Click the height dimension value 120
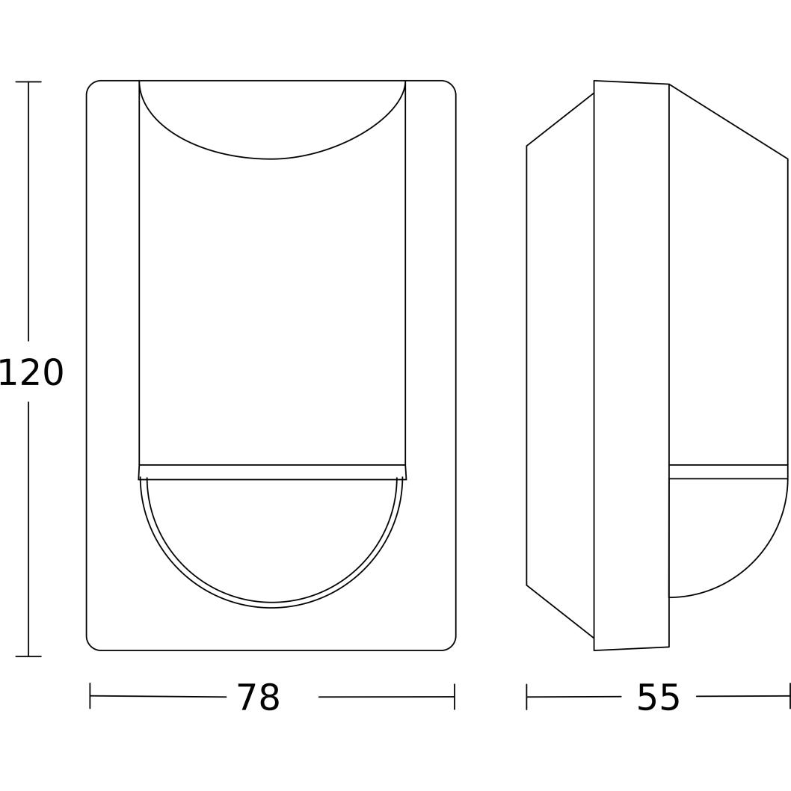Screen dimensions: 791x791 click(31, 372)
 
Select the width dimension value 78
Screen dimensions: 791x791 click(258, 698)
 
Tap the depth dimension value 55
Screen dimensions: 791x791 click(658, 698)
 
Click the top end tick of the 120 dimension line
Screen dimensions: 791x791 click(28, 81)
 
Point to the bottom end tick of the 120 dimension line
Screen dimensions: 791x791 click(28, 656)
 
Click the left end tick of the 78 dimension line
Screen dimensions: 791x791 click(90, 696)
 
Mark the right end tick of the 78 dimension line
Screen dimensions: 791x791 click(454, 697)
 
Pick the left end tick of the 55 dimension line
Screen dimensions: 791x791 click(526, 697)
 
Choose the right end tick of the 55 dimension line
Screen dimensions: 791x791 click(789, 696)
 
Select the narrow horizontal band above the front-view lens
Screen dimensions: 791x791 click(272, 472)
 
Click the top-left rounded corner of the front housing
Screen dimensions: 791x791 click(91, 85)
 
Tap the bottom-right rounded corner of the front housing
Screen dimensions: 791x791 click(451, 645)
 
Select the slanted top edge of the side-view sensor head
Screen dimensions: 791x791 click(728, 121)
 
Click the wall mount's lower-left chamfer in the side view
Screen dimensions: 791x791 click(560, 612)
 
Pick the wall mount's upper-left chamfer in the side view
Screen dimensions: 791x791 click(560, 119)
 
